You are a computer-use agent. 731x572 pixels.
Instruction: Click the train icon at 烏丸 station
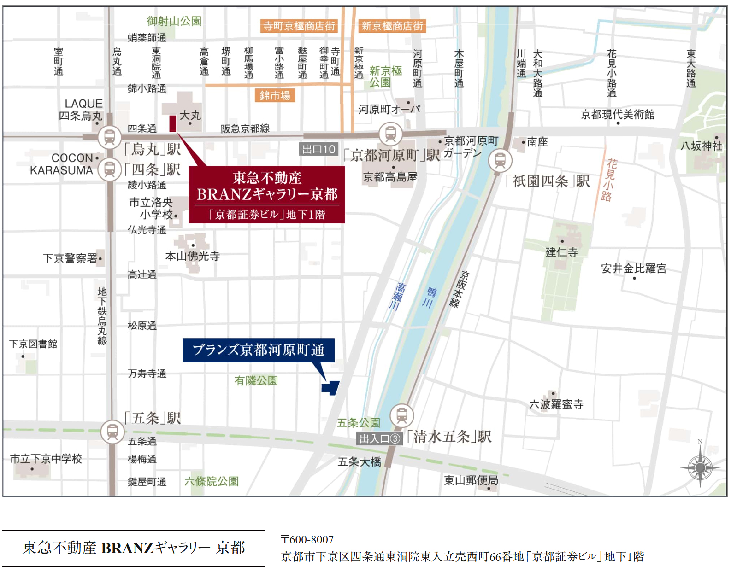tap(110, 137)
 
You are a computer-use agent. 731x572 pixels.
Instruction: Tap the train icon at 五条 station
tap(112, 432)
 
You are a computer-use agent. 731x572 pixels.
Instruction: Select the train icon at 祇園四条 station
tap(500, 161)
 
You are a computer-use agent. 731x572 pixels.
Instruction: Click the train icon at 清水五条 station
tap(401, 415)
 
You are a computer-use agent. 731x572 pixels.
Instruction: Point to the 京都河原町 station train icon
tap(390, 134)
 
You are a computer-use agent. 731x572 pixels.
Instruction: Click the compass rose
tap(700, 467)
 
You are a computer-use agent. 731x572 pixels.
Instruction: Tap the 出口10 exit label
tap(319, 149)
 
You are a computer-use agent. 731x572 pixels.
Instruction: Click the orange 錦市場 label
tap(275, 95)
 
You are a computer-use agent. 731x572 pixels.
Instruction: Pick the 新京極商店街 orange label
tap(392, 26)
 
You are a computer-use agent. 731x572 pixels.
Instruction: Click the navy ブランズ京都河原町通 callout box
tap(259, 350)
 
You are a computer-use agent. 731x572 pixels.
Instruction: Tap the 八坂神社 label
tap(701, 146)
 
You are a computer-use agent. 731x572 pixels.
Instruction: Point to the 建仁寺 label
tap(561, 252)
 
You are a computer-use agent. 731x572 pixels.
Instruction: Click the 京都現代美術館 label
tap(617, 114)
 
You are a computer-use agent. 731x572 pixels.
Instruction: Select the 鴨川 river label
tap(430, 297)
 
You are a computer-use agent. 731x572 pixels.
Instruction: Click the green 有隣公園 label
tap(256, 381)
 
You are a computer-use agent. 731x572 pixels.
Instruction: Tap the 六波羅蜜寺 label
tap(556, 404)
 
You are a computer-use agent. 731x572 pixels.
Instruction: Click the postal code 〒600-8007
tap(307, 539)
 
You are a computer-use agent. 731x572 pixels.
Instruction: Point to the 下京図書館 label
tap(34, 344)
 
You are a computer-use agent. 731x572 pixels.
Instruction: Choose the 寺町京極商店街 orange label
tap(299, 26)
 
